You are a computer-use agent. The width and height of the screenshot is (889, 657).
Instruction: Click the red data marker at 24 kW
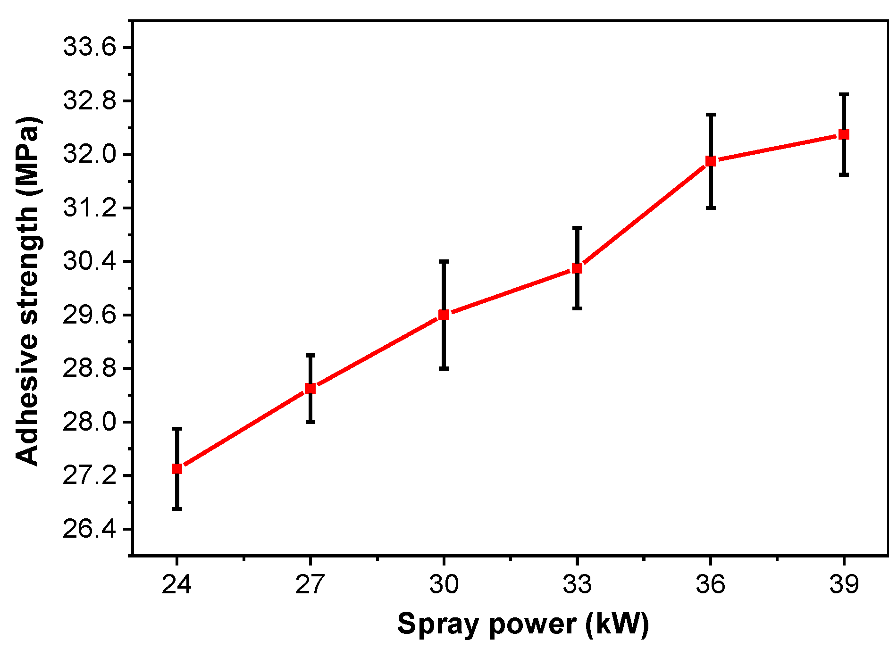177,468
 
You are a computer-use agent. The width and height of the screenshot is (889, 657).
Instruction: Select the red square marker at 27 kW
310,388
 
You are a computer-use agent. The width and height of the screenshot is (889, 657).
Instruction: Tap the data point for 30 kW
444,315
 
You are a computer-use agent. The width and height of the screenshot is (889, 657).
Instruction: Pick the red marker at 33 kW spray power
577,268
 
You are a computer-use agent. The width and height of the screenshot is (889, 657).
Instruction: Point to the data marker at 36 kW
711,161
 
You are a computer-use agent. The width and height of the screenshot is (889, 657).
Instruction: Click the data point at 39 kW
844,134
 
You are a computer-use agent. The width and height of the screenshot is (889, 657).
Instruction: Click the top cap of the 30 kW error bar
444,261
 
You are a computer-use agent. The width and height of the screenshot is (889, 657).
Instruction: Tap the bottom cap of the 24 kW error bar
177,508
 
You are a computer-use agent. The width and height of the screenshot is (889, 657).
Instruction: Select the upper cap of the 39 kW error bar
844,94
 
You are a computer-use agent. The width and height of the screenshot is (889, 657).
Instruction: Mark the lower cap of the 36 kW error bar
711,208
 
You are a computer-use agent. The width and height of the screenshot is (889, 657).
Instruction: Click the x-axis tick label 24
176,584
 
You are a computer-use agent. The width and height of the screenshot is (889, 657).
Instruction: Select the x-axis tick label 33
577,584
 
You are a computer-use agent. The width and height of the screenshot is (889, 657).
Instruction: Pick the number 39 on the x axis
844,584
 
